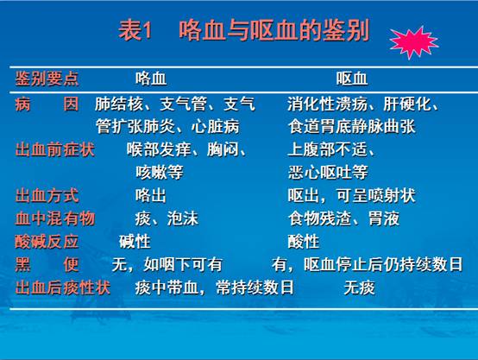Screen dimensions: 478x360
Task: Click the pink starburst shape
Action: pos(413,42)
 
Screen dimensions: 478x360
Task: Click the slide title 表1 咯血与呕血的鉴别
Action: pos(244,30)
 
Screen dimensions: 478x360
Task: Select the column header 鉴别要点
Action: pos(47,79)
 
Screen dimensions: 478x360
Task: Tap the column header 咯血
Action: pos(151,79)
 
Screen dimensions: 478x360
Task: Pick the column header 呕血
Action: pos(352,79)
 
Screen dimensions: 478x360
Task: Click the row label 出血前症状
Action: pos(55,150)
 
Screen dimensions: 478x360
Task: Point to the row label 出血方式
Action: pos(47,196)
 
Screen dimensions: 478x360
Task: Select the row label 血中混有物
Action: pos(55,218)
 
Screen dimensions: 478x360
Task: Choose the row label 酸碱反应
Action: pos(47,242)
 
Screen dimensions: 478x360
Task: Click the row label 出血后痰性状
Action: pos(63,287)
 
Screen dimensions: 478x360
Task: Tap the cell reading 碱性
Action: pos(135,242)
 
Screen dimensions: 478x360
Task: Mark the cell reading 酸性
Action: pos(304,242)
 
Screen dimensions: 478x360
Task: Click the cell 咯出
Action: pos(151,196)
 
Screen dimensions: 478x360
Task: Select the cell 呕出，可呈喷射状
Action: pos(351,196)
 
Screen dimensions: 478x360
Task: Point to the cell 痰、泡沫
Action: pos(167,218)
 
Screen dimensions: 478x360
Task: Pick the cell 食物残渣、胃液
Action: pos(344,218)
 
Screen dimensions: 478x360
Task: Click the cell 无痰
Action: pos(360,287)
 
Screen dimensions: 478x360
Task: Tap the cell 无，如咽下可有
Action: pos(167,264)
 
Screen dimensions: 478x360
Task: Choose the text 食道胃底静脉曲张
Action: pos(352,127)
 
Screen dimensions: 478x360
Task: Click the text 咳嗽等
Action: pos(159,173)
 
